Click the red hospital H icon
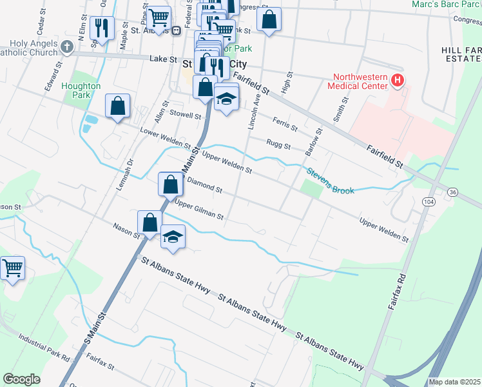coord(398,80)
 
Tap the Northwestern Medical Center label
coord(358,81)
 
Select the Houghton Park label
coord(81,90)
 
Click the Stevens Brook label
coord(330,181)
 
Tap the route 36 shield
coord(453,192)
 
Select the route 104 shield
coord(429,202)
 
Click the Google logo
coord(21,379)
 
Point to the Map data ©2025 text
coord(454,382)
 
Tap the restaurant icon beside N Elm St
coord(101,28)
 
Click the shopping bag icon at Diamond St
coord(169,184)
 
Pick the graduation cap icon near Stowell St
coord(226,99)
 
